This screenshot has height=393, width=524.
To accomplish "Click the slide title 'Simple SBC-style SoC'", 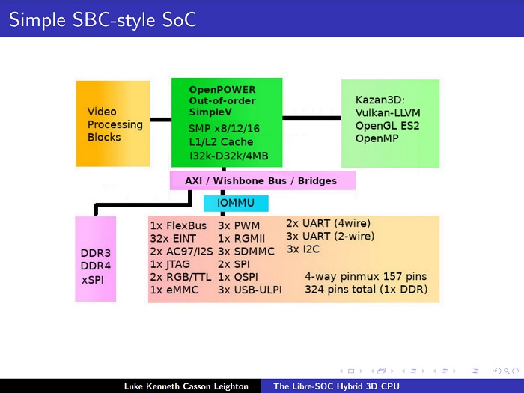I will click(103, 19).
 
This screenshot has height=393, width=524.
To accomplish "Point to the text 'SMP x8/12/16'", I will click(223, 128).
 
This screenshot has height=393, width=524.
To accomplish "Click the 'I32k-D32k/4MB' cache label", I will click(229, 156).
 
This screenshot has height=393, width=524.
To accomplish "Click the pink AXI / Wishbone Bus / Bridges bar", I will click(261, 180).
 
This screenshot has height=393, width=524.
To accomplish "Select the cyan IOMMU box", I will click(235, 203).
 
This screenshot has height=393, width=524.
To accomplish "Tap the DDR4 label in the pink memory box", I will click(95, 266).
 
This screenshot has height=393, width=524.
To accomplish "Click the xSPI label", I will click(94, 278).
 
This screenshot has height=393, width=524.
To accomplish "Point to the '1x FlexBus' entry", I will click(178, 225).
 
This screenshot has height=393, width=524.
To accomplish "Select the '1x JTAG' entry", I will click(171, 264).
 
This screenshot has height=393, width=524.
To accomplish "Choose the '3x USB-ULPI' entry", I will click(250, 290).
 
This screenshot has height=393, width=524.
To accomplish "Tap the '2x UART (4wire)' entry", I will click(328, 222).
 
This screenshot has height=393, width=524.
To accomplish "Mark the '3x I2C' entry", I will click(303, 249).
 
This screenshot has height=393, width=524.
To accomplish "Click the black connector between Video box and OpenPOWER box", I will click(160, 118).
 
